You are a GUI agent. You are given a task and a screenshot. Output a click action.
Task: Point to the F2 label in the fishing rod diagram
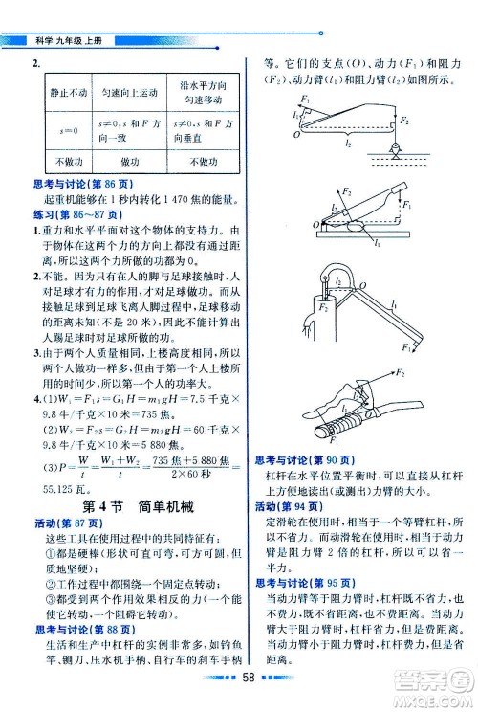405,122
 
